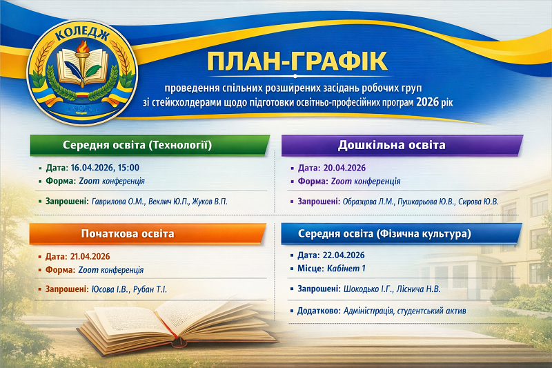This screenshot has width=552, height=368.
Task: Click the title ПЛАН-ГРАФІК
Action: point(297,61)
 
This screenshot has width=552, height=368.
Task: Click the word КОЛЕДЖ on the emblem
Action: point(83,32)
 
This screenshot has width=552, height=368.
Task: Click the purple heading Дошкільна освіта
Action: point(391,146)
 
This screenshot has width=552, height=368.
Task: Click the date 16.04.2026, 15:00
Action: point(106,167)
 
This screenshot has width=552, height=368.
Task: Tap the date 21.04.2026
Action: point(93,256)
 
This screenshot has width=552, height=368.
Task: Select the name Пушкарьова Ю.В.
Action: point(422,201)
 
